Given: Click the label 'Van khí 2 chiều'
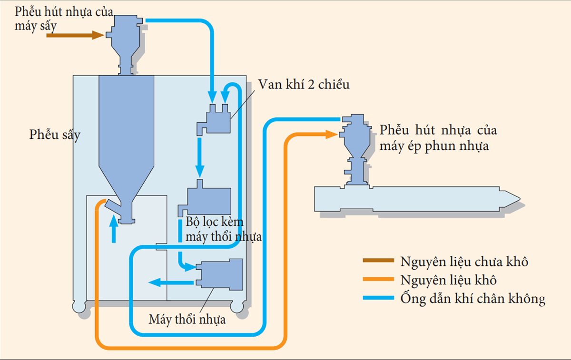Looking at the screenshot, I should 304,85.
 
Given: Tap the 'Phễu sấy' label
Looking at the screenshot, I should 55,135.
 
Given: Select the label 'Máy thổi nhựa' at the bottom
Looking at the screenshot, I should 187,319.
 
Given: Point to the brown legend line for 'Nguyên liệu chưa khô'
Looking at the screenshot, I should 378,261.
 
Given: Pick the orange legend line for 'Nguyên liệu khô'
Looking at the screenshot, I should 378,279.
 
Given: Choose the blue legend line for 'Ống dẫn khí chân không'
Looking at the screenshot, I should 378,298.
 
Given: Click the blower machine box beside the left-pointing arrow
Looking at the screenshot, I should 220,274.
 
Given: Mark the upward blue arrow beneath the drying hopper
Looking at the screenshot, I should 113,227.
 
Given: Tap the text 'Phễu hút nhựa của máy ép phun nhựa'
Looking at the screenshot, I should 438,138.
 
